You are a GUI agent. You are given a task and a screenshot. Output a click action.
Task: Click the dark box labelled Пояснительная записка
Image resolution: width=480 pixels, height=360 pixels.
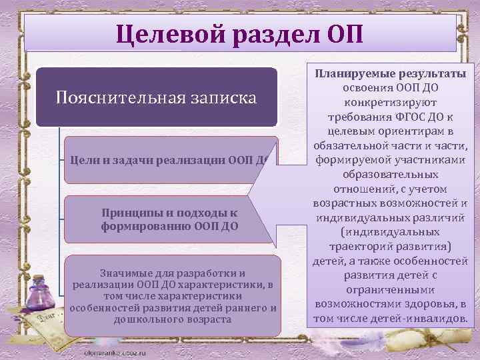(x=156, y=97)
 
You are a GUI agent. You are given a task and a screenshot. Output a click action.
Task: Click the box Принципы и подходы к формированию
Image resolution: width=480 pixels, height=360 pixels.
(x=169, y=219)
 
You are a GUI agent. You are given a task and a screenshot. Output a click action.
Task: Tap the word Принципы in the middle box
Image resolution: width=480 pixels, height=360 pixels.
(x=130, y=212)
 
